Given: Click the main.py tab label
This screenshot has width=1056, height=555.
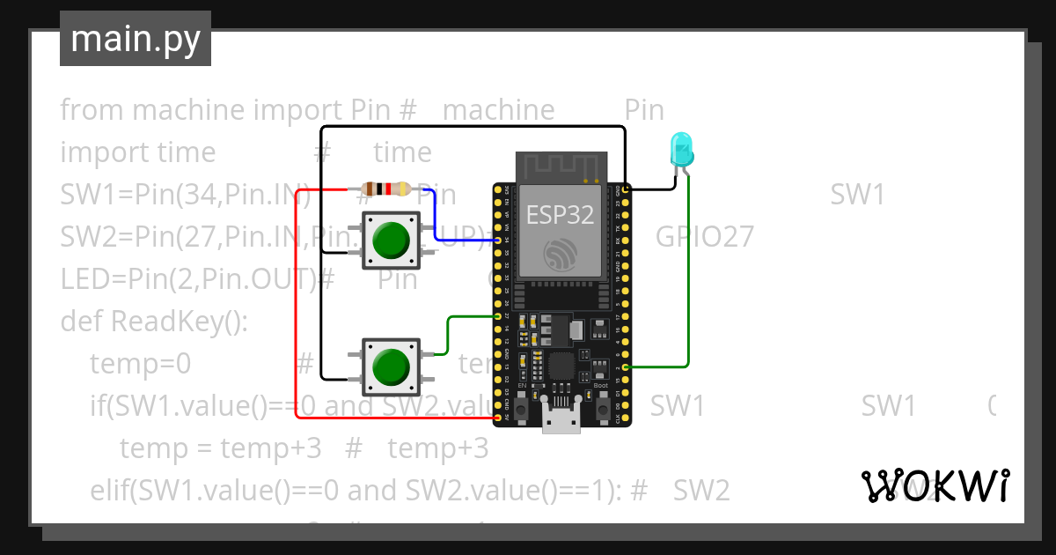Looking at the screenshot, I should click(x=136, y=39).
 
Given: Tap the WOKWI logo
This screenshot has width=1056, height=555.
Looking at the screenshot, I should click(x=934, y=486).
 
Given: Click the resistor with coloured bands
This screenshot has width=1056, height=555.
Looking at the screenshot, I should click(x=385, y=189).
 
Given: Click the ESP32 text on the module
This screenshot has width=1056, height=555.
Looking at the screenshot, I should click(x=561, y=214).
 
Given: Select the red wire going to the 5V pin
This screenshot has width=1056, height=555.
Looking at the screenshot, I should click(x=297, y=308).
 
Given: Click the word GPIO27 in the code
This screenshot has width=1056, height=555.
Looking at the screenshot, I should click(x=704, y=237).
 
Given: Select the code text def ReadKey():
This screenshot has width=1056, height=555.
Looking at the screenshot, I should click(x=155, y=322).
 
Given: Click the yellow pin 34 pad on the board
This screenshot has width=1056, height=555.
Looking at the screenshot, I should click(x=498, y=240).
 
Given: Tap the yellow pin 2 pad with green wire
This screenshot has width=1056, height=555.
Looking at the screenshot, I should click(x=625, y=366).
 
